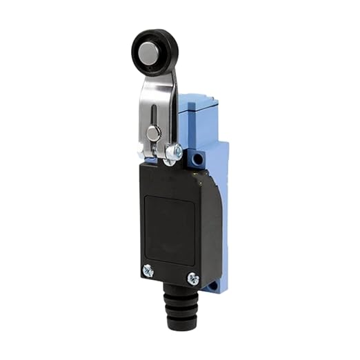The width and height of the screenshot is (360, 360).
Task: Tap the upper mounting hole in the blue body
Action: click(x=199, y=159)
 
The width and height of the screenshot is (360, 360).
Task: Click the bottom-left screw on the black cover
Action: click(x=148, y=270)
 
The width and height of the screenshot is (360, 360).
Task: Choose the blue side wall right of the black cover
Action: click(x=216, y=207)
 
